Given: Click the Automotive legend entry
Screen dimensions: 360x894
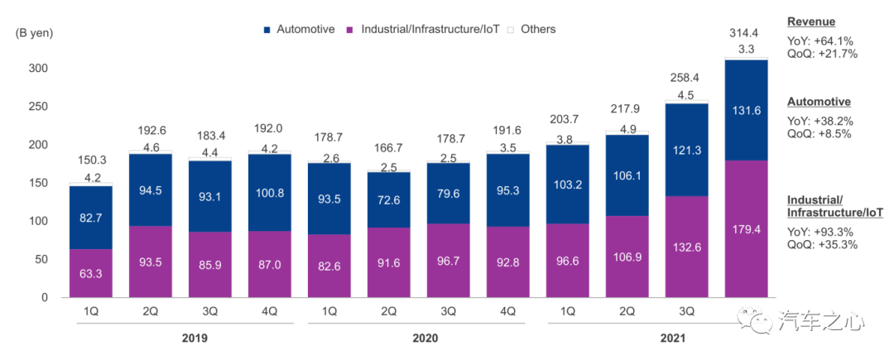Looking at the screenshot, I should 305,29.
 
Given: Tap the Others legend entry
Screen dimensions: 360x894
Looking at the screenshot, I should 537,29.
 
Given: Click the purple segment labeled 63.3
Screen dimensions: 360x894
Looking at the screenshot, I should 91,273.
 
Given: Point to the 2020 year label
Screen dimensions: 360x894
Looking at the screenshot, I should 425,338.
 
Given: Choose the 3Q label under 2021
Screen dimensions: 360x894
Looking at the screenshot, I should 686,311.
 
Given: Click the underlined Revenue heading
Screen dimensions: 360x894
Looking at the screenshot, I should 811,22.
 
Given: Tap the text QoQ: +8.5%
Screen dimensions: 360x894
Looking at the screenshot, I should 819,133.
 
